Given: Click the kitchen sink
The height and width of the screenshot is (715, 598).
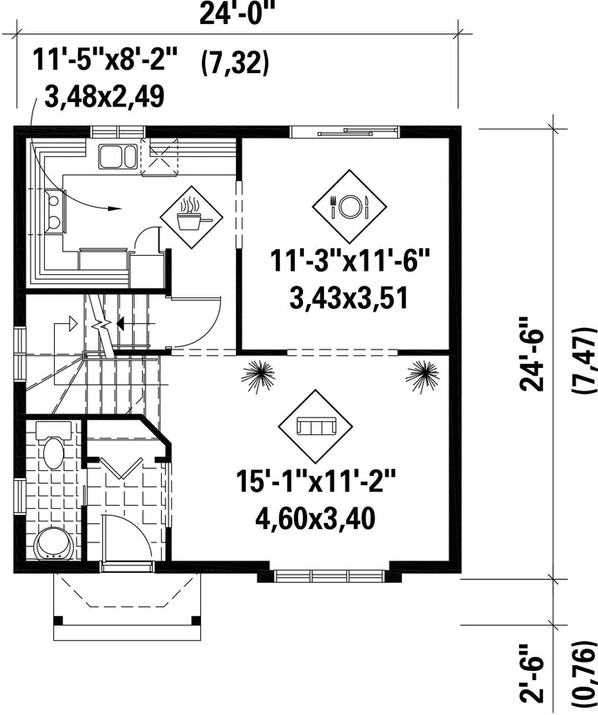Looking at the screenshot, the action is tap(117, 156).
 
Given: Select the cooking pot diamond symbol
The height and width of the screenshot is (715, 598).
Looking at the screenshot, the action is tap(192, 217).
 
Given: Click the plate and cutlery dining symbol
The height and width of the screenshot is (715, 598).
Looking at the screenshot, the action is tap(350, 207).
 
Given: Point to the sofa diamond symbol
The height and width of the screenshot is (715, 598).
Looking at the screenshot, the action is tap(316, 426).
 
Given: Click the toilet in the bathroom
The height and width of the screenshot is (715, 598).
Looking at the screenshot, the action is tap(53, 445).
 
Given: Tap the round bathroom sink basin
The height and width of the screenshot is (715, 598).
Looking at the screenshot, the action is tap(54, 544).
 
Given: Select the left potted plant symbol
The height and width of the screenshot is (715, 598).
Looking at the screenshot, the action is tap(258, 375).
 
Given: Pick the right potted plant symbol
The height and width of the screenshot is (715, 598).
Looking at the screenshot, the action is tap(423, 375).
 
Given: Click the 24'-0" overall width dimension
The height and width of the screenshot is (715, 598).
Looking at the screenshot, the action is tap(233, 15).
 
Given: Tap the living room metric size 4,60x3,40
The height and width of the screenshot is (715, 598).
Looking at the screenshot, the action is tap(316, 518).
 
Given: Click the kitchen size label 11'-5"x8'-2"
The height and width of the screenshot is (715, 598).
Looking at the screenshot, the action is tap(105, 60).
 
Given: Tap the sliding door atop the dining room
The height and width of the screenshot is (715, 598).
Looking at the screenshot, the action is tap(345, 132).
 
